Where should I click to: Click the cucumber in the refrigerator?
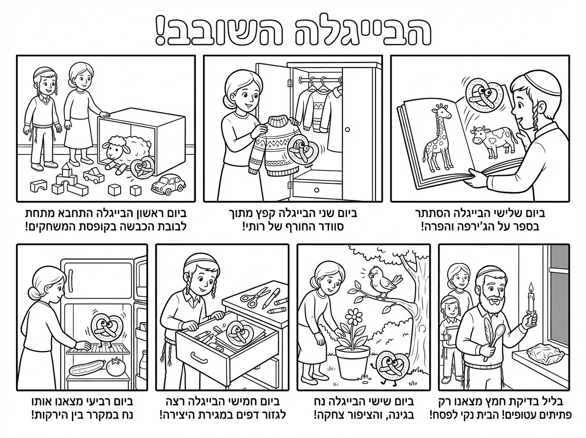[87, 368]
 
